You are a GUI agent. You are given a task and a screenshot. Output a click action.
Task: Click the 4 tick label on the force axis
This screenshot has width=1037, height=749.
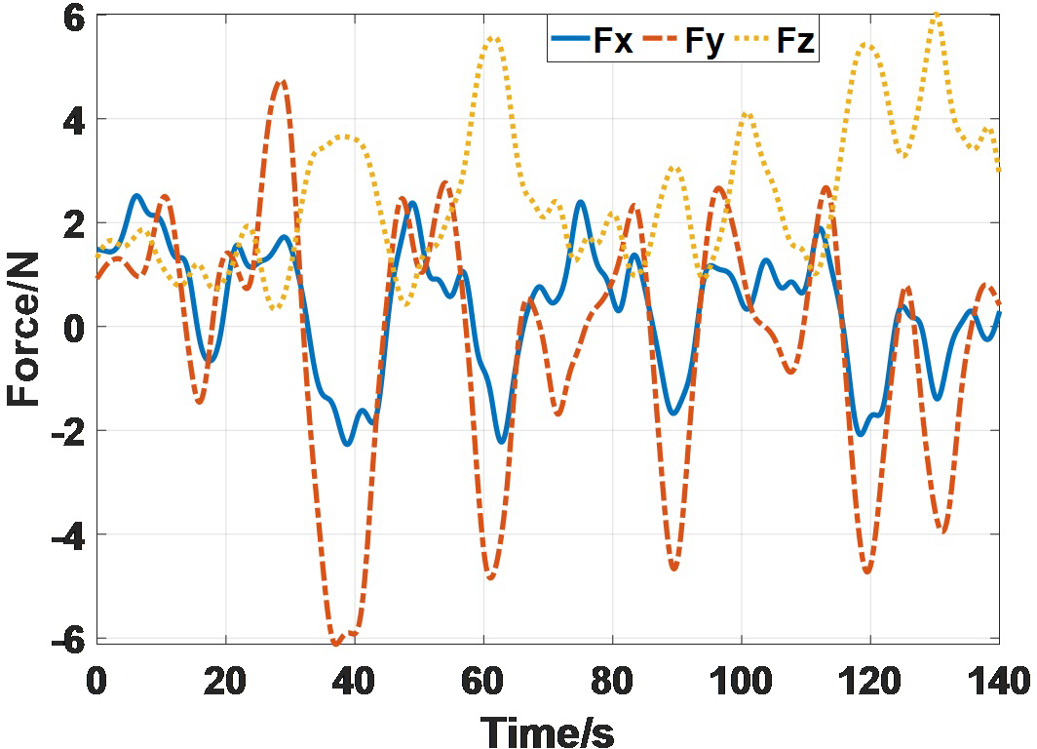click(74, 120)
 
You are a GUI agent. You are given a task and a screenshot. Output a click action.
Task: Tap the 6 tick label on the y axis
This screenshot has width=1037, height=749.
click(74, 17)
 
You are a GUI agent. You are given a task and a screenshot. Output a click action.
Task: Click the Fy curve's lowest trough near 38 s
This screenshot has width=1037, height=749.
click(336, 643)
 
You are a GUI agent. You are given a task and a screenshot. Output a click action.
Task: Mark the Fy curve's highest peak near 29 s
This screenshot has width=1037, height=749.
click(282, 82)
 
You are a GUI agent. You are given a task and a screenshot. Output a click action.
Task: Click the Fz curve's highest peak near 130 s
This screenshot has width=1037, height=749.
click(936, 15)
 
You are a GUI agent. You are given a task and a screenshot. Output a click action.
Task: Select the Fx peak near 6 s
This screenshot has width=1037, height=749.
click(136, 196)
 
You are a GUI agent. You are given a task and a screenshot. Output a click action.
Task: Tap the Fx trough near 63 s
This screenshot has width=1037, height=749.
click(502, 441)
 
